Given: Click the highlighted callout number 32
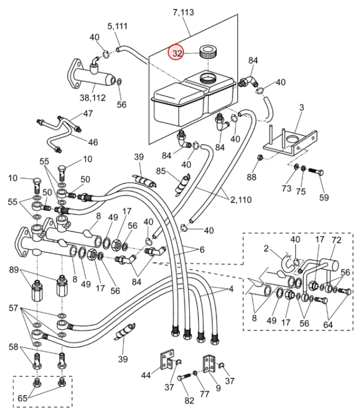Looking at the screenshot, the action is [177, 53].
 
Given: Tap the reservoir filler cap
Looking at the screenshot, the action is [208, 51].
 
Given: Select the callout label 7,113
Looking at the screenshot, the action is [184, 12].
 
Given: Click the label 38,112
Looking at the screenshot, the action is [92, 98].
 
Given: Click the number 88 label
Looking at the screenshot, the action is [251, 177].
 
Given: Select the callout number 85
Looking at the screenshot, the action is [160, 171].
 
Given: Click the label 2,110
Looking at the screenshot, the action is [241, 200].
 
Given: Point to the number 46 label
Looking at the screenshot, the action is [93, 142].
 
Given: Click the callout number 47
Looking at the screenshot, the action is [88, 113].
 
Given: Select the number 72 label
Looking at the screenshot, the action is [336, 240].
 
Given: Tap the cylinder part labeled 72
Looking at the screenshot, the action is [330, 264].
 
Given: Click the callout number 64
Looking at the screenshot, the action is [328, 324].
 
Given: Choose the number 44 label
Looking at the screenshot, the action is [146, 375].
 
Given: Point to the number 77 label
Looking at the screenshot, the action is [205, 394].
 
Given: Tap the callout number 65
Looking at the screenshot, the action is [23, 398].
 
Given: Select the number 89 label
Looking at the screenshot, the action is [14, 270].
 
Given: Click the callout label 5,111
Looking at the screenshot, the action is [117, 26].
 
